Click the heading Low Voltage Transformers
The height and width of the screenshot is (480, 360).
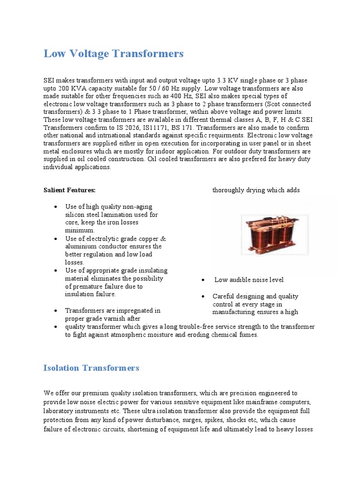[x=113, y=54]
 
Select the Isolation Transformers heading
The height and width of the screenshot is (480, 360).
[x=91, y=368]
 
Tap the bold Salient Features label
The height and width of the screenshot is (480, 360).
[x=69, y=190]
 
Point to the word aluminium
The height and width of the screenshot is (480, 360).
[x=82, y=247]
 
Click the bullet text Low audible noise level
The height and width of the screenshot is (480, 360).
[x=249, y=280]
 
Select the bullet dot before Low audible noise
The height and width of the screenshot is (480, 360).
[x=203, y=280]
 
